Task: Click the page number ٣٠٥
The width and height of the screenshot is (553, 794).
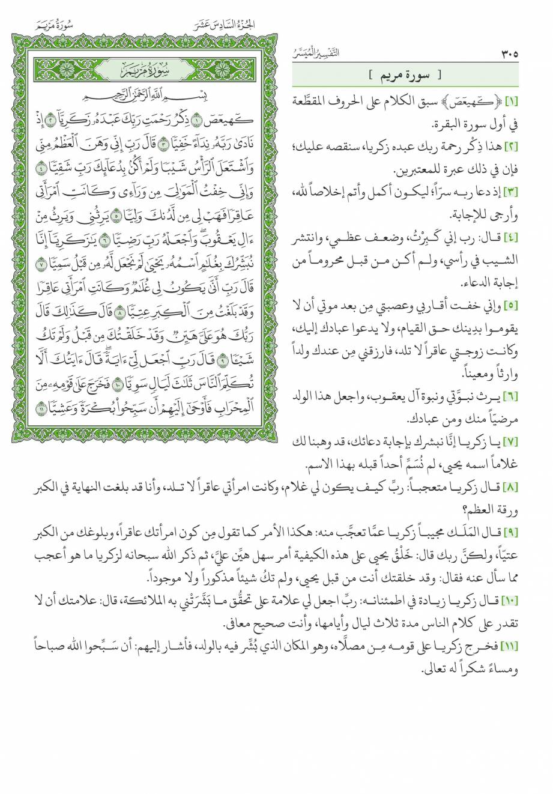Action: coord(508,55)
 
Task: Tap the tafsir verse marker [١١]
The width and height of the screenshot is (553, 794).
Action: coord(508,645)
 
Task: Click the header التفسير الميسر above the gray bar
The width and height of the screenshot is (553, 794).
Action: coord(314,53)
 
